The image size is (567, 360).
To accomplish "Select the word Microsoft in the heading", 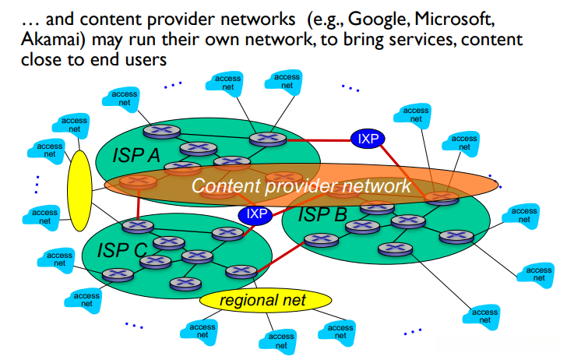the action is coord(454,19).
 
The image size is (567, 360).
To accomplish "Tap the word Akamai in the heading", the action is coord(52,39).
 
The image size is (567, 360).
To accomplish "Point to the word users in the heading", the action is coord(146,60).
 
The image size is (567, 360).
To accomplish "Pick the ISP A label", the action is coord(136,156).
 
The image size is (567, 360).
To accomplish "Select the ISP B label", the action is coord(322,214).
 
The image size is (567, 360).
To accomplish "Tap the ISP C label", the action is coord(122,250).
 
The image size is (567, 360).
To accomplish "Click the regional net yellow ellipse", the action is coord(266,300).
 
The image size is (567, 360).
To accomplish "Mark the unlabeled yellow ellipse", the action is coord(79,191).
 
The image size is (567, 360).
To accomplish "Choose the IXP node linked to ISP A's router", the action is coord(368,139).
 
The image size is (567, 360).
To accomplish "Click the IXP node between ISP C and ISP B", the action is coord(255,214).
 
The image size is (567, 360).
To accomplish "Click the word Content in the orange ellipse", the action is coord(226,185).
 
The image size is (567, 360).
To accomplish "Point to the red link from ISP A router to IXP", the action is coord(319,140).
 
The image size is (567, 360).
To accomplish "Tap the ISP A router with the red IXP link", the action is coord(268,139).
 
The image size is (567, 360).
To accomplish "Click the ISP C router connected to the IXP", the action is coord(227,234).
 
